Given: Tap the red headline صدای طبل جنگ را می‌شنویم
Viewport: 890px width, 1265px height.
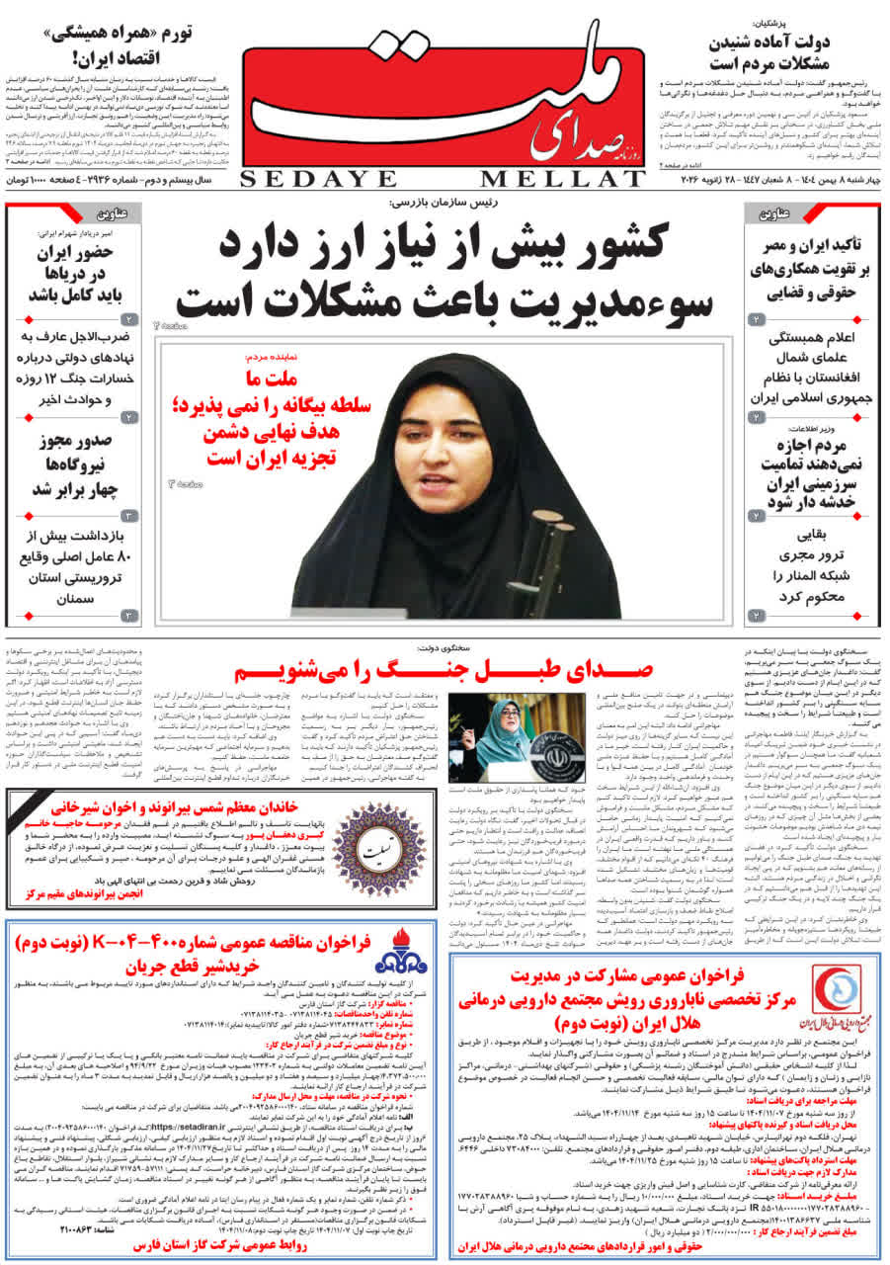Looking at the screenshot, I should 444,673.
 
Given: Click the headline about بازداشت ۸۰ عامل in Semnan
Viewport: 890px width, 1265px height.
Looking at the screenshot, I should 75,567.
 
